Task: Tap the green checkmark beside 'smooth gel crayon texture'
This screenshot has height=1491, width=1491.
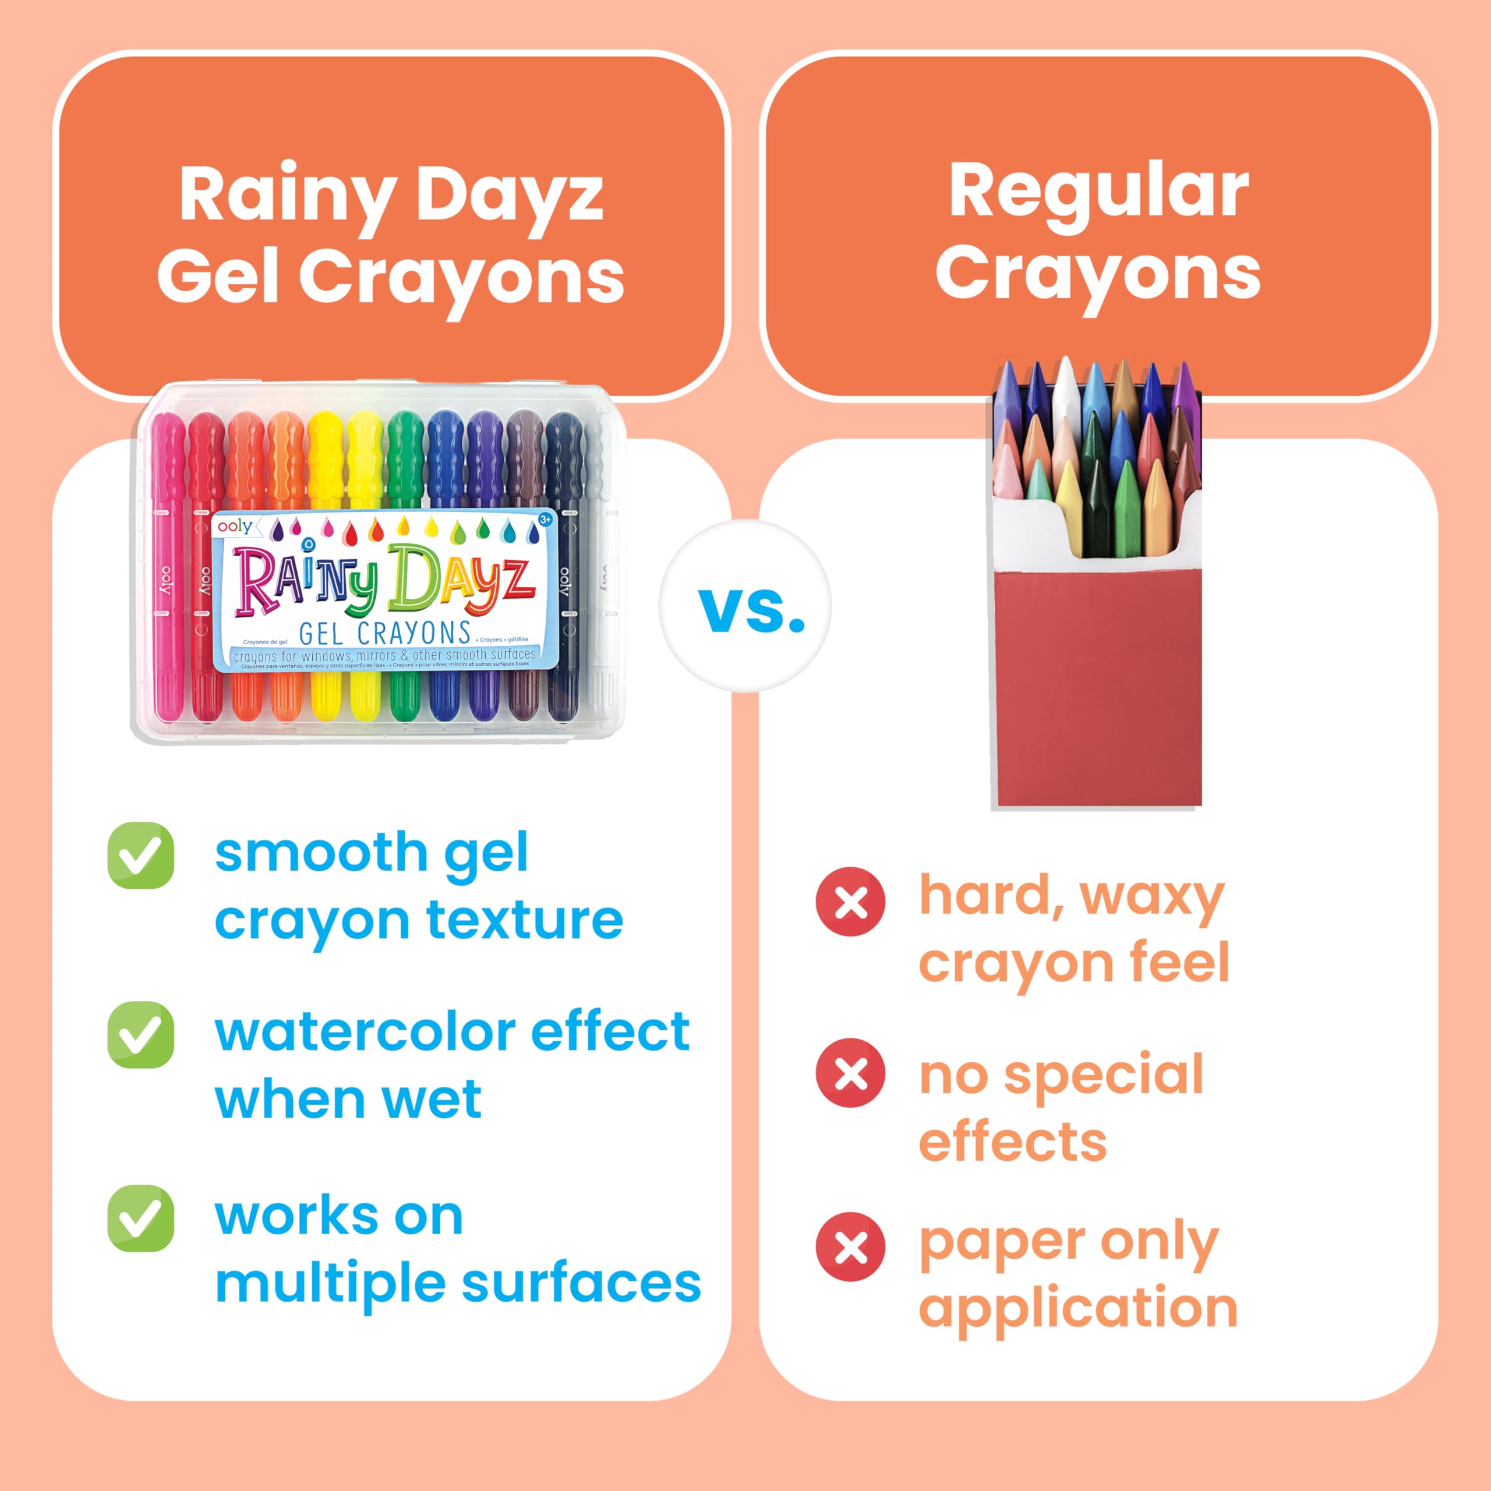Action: (x=140, y=856)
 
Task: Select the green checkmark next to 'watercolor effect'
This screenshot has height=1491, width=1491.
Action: (x=140, y=1035)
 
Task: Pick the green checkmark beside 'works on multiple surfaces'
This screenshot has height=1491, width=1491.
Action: (x=140, y=1218)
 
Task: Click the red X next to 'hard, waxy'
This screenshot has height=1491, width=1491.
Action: (x=850, y=902)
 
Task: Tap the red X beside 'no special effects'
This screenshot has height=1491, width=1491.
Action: (x=850, y=1073)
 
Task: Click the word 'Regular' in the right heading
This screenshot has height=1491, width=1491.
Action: (x=1098, y=193)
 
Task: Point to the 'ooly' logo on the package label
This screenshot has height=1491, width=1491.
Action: (x=235, y=527)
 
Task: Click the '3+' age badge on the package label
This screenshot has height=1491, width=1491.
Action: (x=545, y=520)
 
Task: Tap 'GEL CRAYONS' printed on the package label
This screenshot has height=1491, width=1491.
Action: (x=384, y=634)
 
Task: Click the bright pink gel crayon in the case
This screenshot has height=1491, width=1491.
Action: (x=169, y=571)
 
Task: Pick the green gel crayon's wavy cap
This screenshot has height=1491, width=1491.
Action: (x=404, y=451)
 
